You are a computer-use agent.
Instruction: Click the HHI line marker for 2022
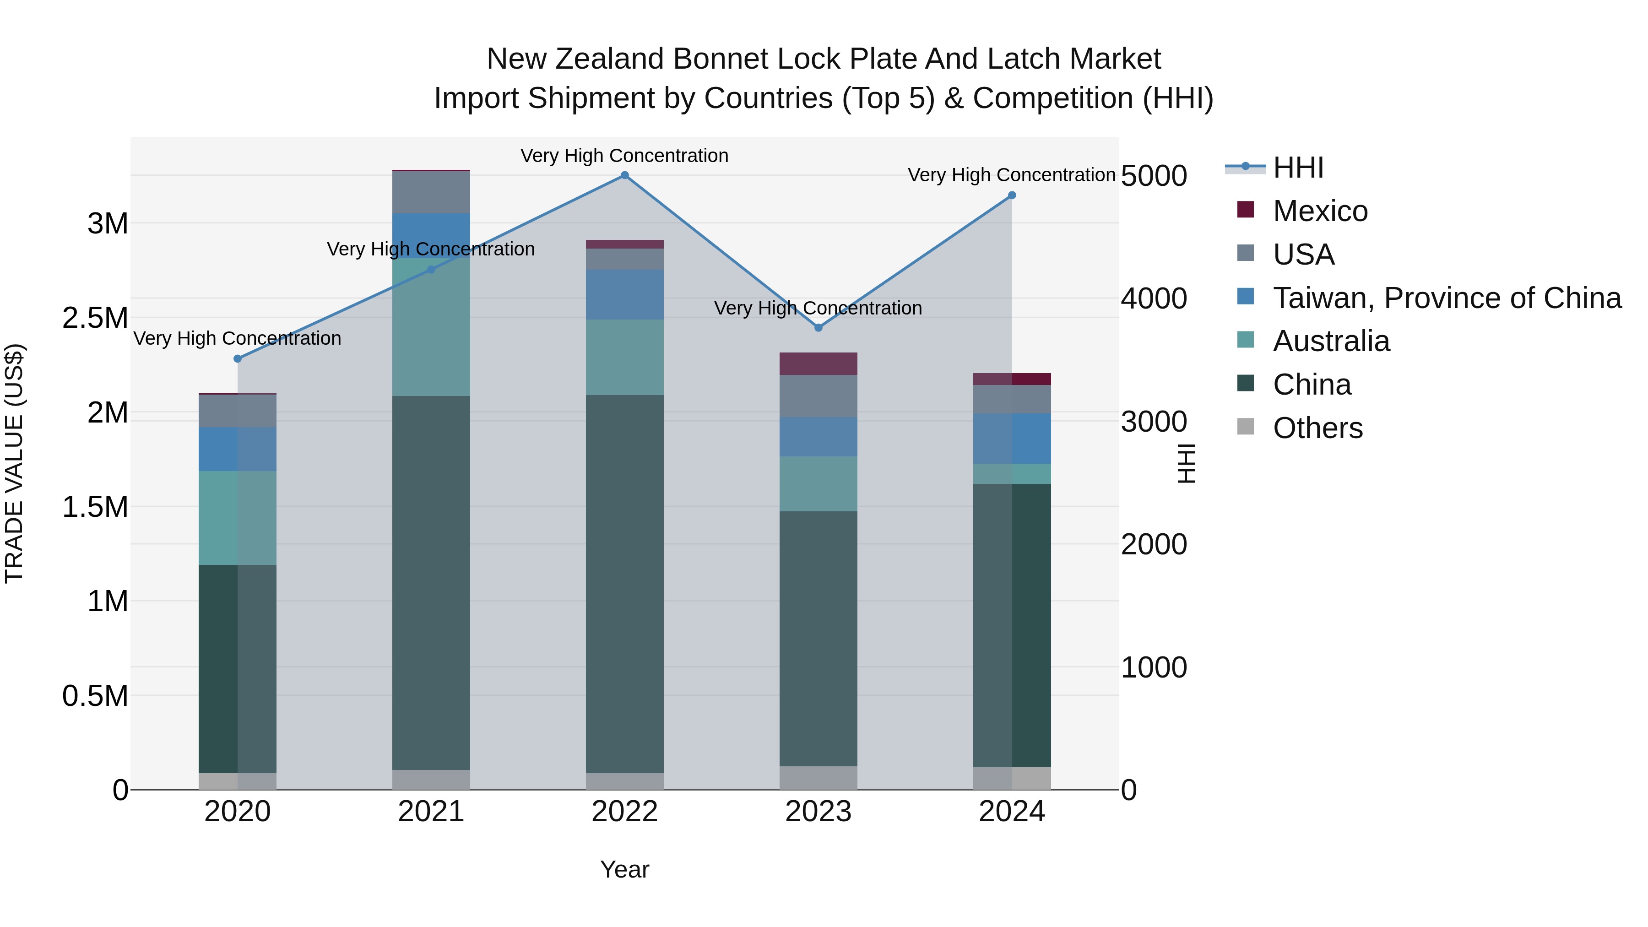pos(624,175)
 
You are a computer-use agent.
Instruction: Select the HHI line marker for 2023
pos(818,328)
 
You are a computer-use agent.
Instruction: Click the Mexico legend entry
pos(1320,211)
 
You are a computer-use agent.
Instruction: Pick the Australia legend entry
pos(1331,341)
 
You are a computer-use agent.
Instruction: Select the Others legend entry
pos(1317,428)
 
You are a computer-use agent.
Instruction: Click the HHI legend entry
pos(1297,168)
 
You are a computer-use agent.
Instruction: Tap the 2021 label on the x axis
pos(431,812)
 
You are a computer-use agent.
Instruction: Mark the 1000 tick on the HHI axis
pos(1154,667)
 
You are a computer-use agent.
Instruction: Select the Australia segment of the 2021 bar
pos(431,326)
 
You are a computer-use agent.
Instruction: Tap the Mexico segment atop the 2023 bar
pos(818,363)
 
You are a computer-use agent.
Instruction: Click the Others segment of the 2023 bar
pos(818,777)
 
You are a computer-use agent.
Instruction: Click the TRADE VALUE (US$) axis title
pos(14,463)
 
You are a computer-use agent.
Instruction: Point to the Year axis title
pos(624,869)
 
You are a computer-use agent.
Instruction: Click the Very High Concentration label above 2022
pos(624,156)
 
